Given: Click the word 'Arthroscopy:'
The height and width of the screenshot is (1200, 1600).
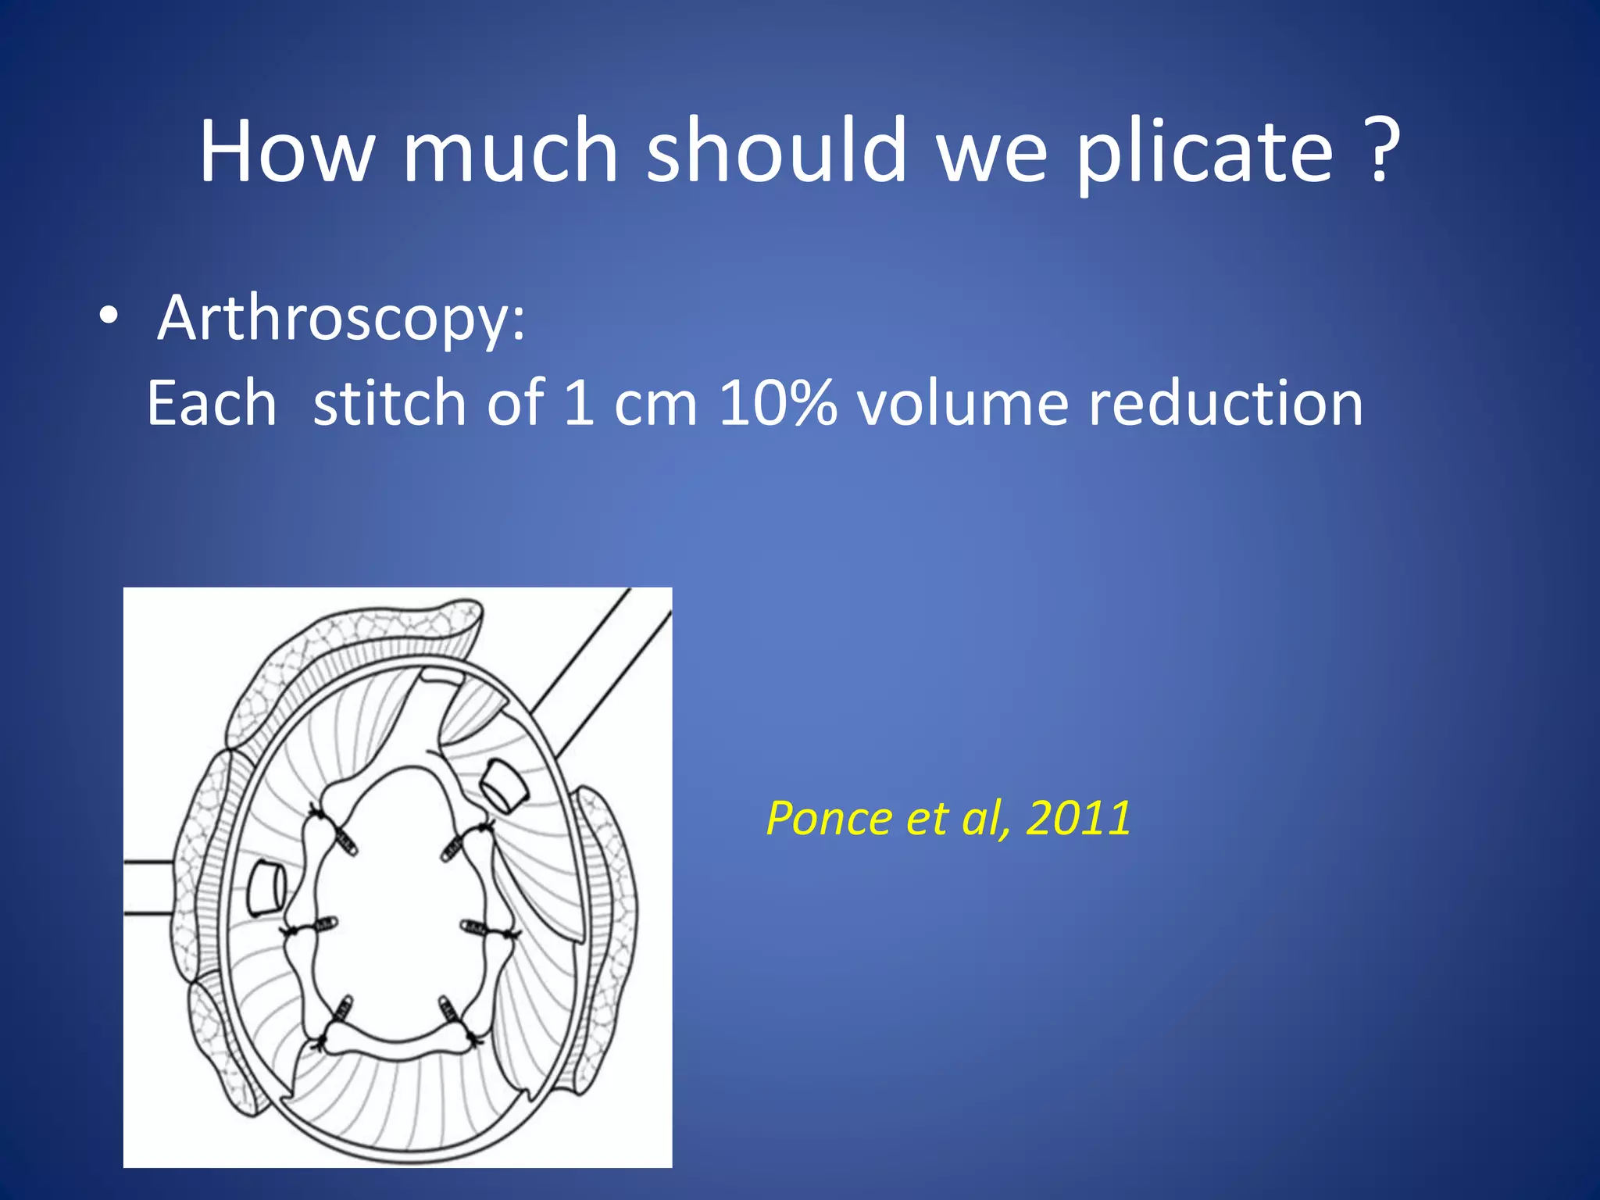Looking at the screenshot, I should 341,319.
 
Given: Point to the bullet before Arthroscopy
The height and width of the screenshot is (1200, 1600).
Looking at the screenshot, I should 109,317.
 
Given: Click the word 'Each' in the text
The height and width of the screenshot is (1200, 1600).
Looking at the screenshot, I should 212,403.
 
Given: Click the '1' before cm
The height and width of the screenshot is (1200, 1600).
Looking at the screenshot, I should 580,403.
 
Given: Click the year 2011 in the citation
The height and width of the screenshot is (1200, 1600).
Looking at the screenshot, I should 1079,819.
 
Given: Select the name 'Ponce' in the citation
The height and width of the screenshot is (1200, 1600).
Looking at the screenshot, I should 830,819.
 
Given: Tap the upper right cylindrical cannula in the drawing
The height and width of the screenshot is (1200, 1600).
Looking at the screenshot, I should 502,784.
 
